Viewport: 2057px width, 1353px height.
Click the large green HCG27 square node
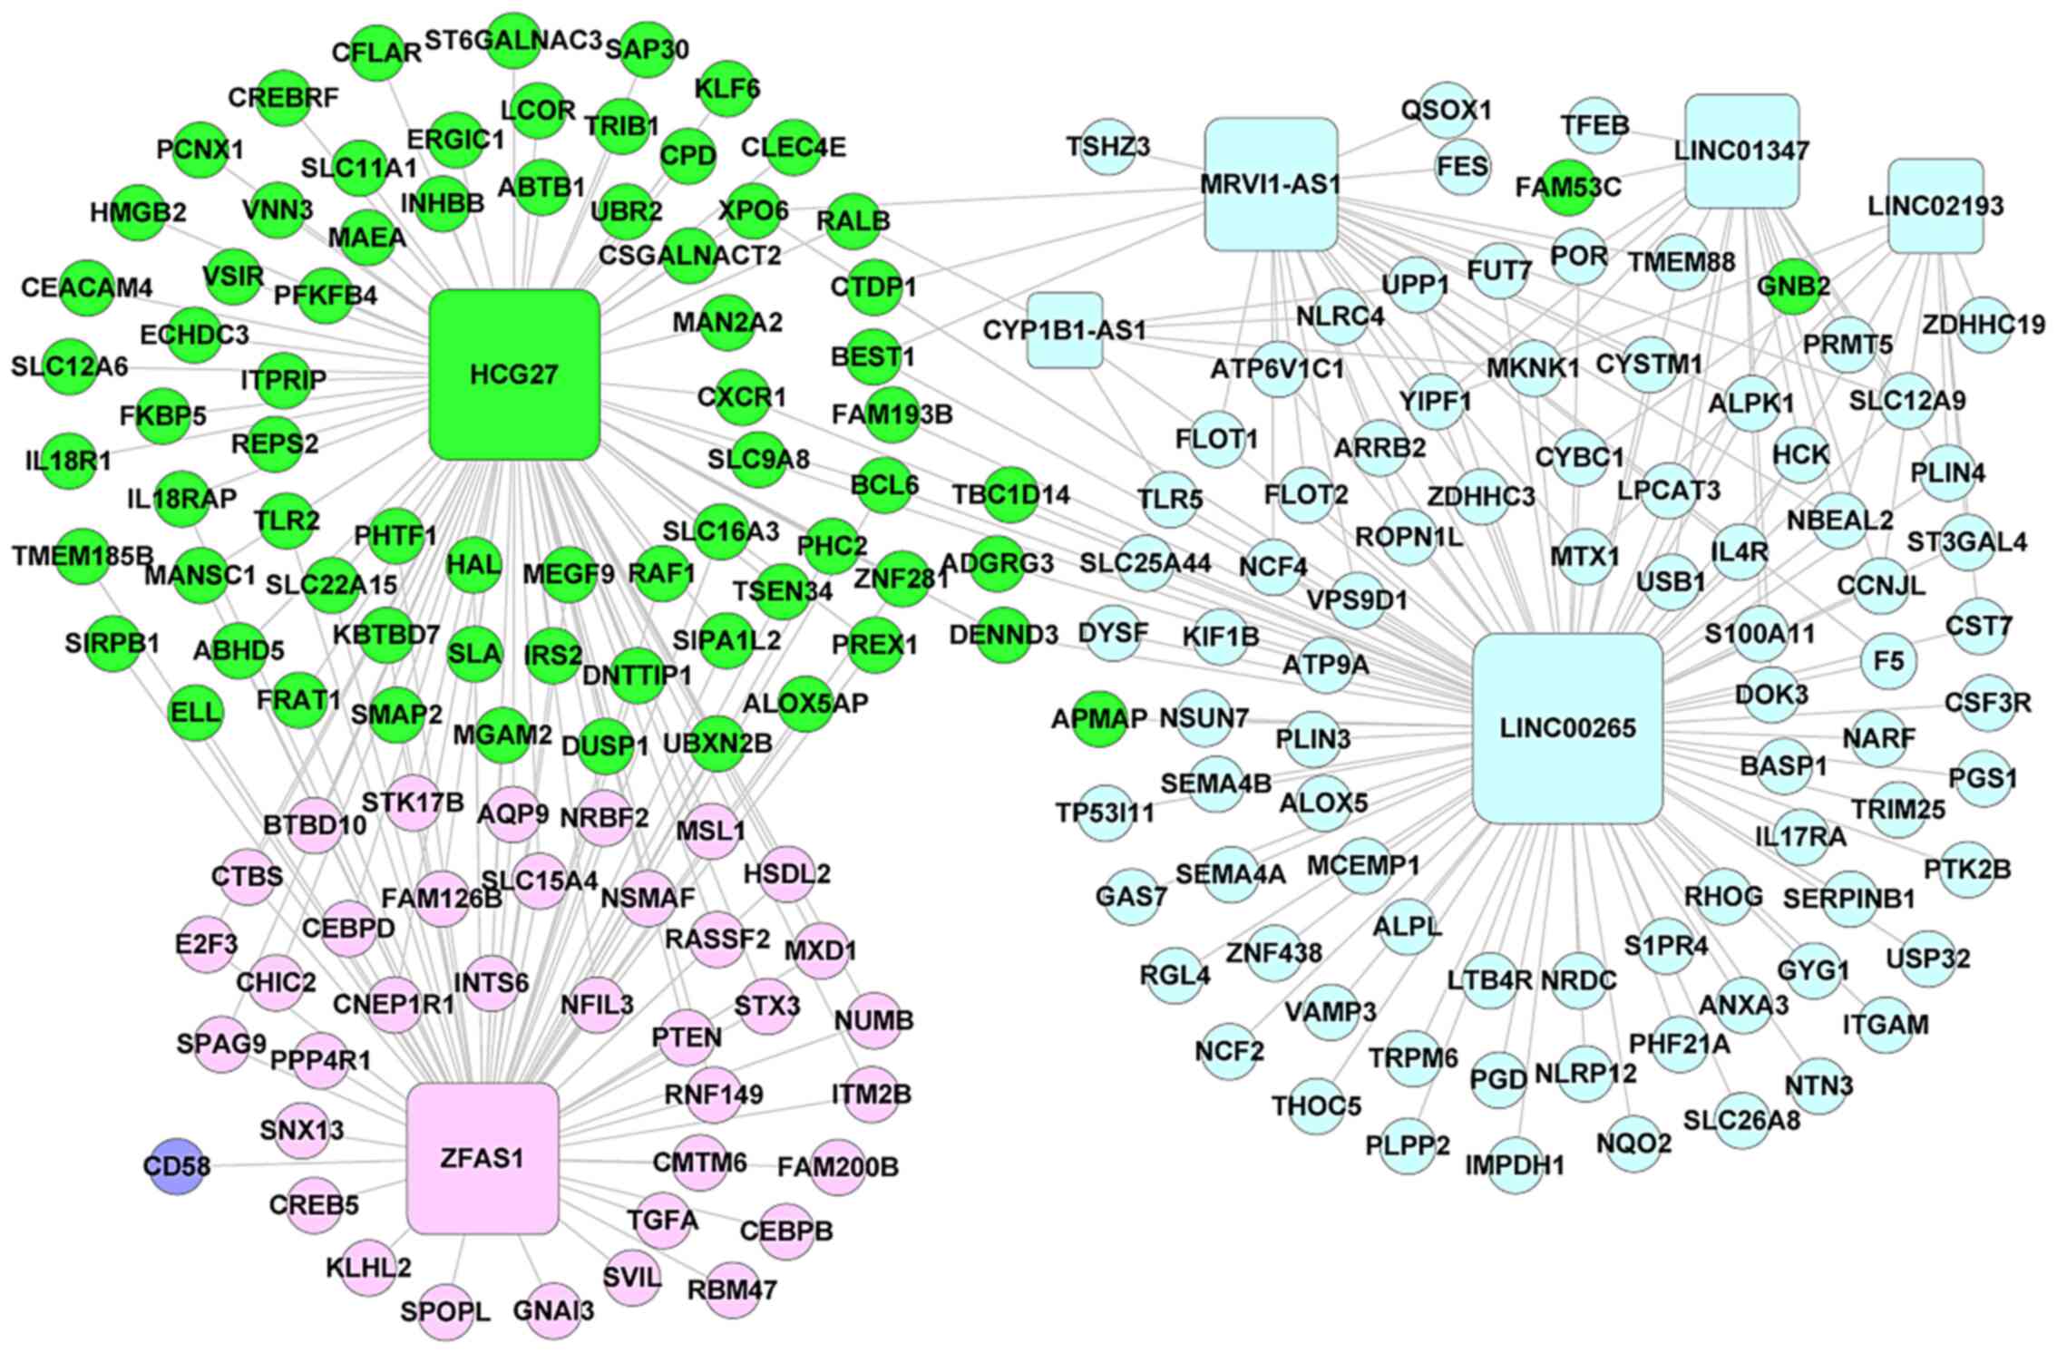(513, 375)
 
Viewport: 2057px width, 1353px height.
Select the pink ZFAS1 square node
(482, 1158)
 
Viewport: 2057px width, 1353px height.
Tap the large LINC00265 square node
(1567, 728)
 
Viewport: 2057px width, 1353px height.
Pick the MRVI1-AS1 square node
(1271, 184)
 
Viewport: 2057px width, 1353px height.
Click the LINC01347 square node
(1741, 151)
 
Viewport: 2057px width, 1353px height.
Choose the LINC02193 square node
(1935, 206)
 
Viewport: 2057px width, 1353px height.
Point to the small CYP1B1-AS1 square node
(1065, 330)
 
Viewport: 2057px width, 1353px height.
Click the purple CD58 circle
(177, 1166)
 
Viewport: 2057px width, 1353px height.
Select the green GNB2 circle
(1793, 287)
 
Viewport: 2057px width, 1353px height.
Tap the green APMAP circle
(1098, 719)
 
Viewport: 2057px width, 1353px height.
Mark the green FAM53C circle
(1568, 187)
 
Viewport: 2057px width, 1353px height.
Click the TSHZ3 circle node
(1107, 146)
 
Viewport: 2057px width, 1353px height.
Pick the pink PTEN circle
(687, 1037)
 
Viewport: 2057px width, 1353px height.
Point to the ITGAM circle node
(1886, 1025)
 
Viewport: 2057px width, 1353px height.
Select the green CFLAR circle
(375, 53)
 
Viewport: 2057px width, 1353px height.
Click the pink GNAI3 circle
(553, 1310)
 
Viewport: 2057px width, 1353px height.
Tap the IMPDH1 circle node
(1515, 1164)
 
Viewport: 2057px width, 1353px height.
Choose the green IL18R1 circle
(68, 461)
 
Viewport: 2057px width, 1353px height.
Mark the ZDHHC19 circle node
(1984, 325)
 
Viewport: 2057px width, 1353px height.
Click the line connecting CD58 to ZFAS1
(308, 1163)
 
